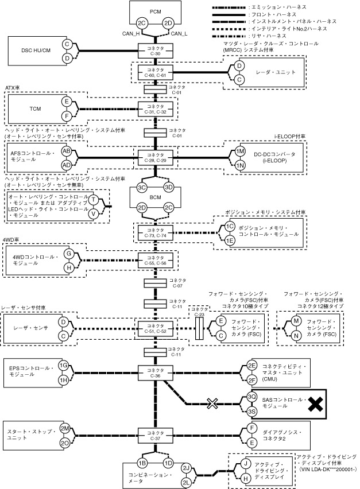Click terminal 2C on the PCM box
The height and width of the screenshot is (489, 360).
point(142,24)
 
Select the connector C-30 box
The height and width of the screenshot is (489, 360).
point(156,51)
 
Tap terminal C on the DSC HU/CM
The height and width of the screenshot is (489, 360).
point(67,44)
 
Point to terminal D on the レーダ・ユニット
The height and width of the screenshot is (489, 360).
point(239,66)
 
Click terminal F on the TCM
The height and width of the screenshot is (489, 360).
point(67,116)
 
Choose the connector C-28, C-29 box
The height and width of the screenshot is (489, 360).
point(156,157)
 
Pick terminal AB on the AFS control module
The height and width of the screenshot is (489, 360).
point(67,151)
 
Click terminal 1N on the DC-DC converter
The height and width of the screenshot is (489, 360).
point(240,165)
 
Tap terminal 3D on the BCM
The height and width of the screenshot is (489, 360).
point(169,187)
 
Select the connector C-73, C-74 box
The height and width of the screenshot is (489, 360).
point(156,232)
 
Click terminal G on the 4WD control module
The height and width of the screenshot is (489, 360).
point(69,254)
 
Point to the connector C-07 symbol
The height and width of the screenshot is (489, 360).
point(156,283)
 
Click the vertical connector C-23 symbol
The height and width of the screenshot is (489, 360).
point(199,328)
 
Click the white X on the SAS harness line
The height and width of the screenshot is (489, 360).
point(212,404)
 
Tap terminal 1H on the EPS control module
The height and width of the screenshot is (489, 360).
point(63,380)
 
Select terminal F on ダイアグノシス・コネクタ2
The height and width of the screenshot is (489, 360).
point(251,428)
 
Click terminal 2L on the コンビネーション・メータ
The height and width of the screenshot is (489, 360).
point(186,483)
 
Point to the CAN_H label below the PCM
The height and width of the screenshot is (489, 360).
point(131,34)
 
